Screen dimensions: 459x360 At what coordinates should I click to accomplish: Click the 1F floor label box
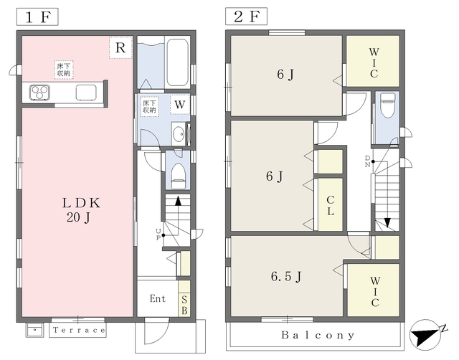tap(37, 16)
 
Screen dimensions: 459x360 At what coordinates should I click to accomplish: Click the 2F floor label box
tap(246, 16)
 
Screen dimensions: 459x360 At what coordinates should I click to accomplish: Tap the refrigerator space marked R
tap(120, 47)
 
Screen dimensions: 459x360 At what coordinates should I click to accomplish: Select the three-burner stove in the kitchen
tap(39, 93)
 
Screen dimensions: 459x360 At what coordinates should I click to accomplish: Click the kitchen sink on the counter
tap(86, 93)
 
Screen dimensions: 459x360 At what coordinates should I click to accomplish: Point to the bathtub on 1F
tap(177, 63)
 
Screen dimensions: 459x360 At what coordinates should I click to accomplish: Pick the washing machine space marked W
tap(180, 105)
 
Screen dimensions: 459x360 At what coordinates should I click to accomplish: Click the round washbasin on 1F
tap(178, 135)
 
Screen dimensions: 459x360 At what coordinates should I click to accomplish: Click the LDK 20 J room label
tap(81, 210)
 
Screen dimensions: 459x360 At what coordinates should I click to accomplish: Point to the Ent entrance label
tap(158, 298)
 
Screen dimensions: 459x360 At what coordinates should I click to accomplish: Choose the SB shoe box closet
tap(184, 298)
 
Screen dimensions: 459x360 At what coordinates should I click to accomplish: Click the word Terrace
tap(79, 330)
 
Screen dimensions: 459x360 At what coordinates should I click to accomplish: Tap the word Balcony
tap(318, 335)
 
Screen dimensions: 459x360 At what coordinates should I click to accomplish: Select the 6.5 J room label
tap(286, 276)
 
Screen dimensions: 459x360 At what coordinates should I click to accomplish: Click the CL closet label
tap(330, 206)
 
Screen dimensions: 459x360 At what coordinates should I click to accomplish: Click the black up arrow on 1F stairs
tap(178, 202)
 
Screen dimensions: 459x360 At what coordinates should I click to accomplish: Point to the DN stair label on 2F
tap(367, 161)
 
